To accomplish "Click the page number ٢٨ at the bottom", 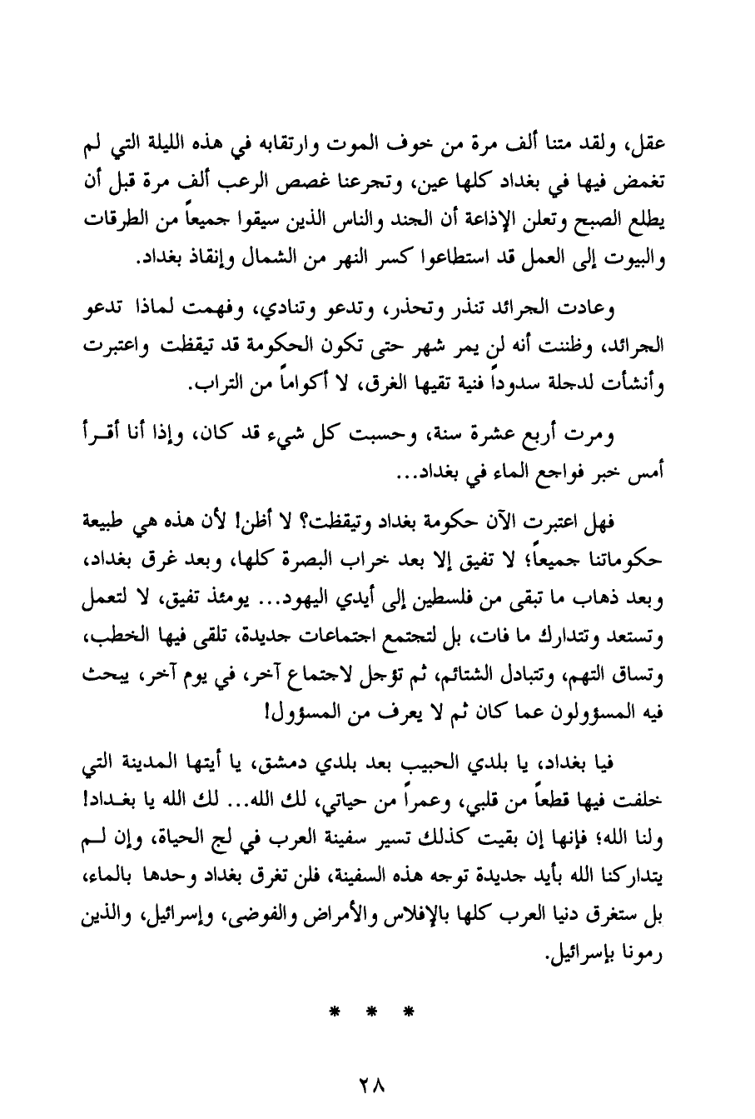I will [376, 1087].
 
